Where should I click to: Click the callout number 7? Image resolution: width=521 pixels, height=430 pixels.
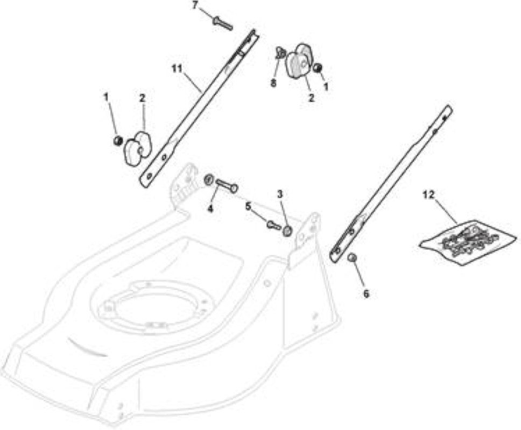point(195,5)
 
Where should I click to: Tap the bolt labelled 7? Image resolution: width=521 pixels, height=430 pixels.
point(222,23)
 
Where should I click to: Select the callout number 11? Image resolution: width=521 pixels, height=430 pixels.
point(177,68)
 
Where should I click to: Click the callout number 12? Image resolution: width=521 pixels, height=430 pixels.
point(428,195)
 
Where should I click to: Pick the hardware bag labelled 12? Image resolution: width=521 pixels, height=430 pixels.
point(468,242)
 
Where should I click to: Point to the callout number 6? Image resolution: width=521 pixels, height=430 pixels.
point(366,294)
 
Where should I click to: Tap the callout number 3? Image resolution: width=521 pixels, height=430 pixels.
point(280,195)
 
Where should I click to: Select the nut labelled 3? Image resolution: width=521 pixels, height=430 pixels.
point(287,231)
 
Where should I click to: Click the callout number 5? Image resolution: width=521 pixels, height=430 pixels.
point(248,206)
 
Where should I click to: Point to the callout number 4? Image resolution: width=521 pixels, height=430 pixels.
point(210,209)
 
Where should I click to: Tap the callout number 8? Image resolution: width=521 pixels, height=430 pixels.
point(273,83)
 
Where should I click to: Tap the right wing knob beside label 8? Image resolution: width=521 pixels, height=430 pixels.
point(299,61)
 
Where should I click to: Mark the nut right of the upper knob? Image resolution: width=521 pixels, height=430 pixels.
point(318,68)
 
